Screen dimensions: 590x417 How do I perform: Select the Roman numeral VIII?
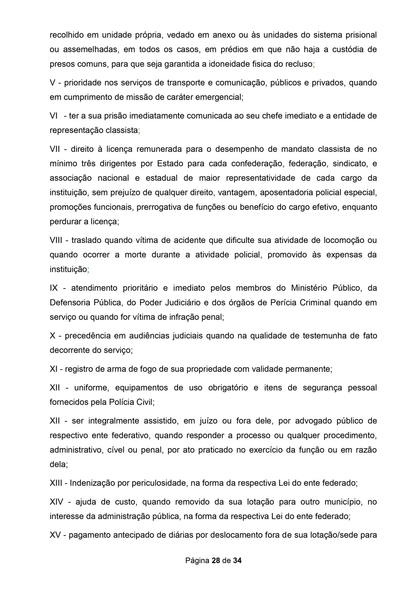coord(56,240)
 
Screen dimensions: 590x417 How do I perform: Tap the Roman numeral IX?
coord(54,288)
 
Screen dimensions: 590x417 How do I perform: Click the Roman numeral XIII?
coord(56,483)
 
